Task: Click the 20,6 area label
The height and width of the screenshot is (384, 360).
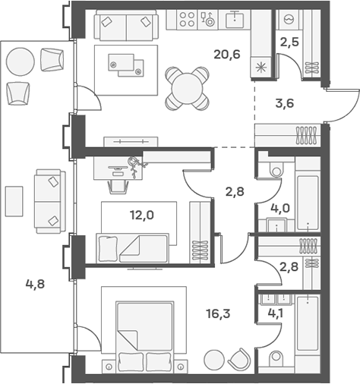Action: [227, 55]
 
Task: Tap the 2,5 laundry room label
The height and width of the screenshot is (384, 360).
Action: [289, 42]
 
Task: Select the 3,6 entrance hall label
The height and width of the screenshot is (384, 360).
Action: [285, 103]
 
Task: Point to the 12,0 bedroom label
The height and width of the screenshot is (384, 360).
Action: [142, 216]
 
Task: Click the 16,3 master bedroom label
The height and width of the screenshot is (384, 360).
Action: [218, 314]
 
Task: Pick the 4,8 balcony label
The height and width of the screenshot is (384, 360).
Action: [35, 284]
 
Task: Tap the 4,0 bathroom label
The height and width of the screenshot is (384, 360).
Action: [280, 209]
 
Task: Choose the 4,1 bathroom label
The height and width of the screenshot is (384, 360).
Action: [275, 313]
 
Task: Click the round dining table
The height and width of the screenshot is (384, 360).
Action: [188, 89]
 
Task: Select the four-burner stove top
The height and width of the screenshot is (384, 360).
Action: [187, 20]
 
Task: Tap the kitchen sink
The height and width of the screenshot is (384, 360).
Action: [235, 20]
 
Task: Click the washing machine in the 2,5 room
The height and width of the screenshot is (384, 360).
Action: [289, 20]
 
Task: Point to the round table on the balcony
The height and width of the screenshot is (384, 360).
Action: [21, 61]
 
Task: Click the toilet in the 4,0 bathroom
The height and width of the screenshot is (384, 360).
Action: [276, 170]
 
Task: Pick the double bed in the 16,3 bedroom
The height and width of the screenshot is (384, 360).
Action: [145, 332]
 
